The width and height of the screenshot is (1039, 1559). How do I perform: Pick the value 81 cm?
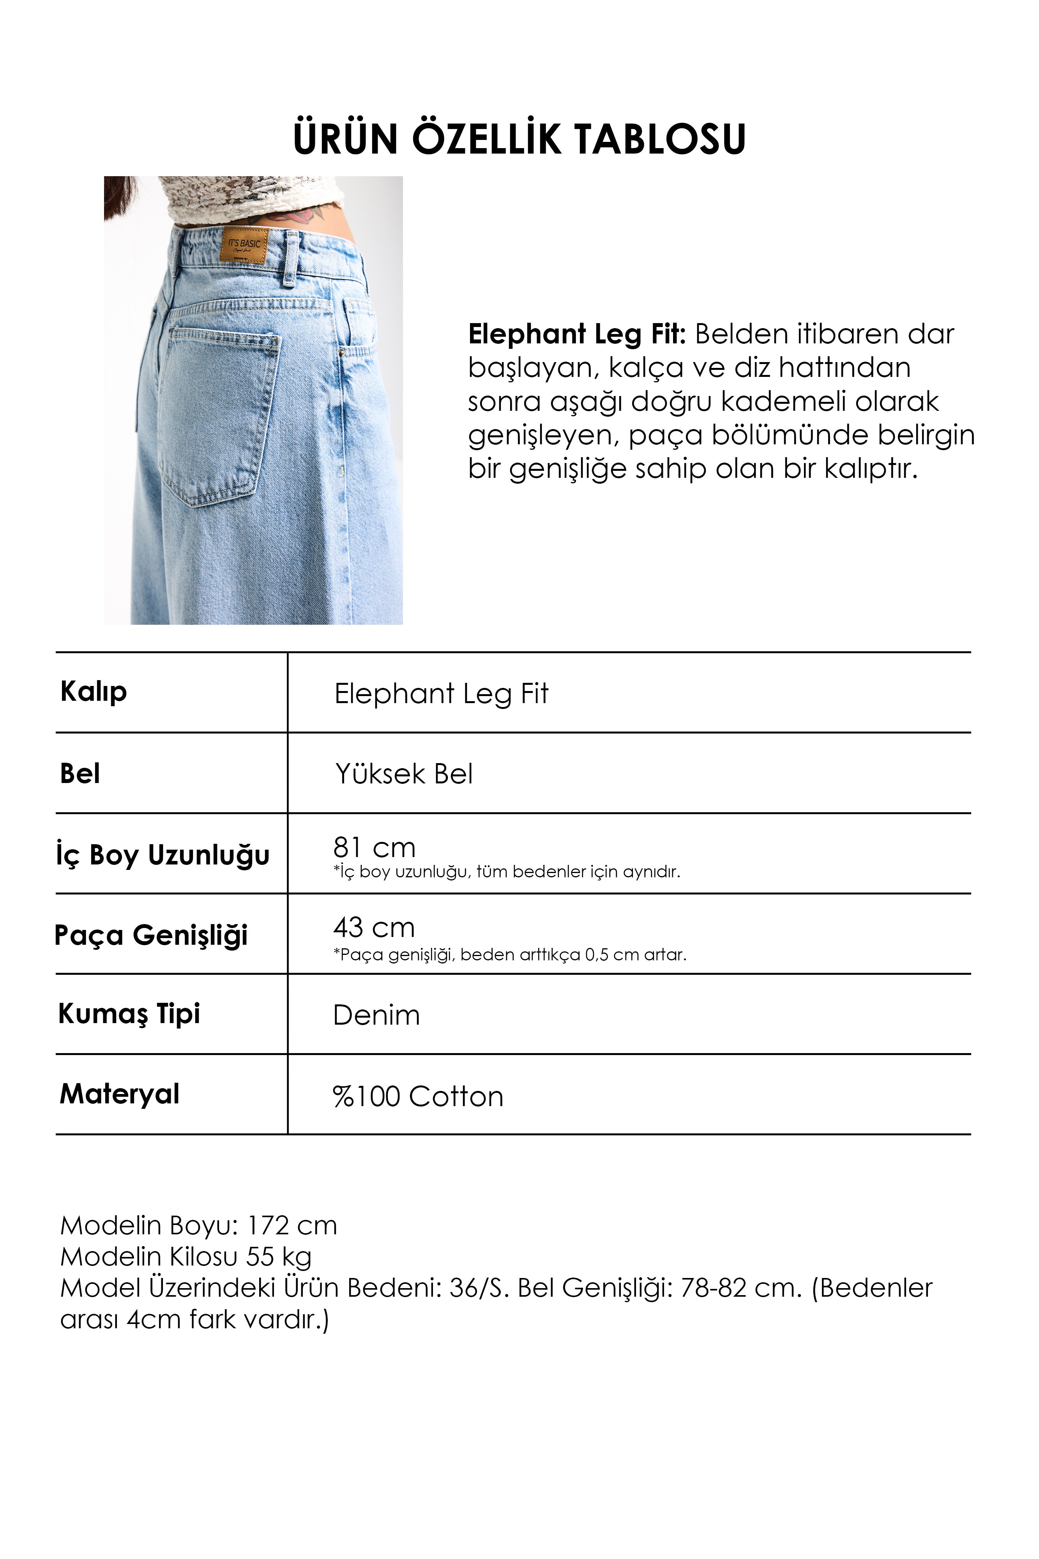pos(375,847)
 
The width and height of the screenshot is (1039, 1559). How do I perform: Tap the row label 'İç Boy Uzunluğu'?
pos(163,855)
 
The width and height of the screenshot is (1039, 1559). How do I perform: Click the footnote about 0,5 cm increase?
pos(509,955)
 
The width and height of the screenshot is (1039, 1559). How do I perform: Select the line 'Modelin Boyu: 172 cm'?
pos(199,1226)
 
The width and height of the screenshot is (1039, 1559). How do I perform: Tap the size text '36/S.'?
pos(479,1288)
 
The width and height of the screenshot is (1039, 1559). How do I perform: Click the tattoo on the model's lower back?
pos(302,213)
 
